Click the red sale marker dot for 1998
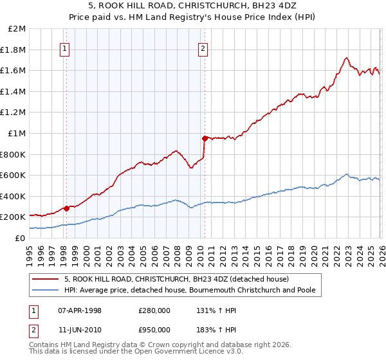[x=66, y=208]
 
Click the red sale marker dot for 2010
[x=205, y=138]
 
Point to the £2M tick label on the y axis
[x=17, y=29]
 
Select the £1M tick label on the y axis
[x=17, y=133]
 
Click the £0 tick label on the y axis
[x=21, y=238]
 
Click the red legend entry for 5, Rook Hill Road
[x=176, y=279]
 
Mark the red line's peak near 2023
[x=347, y=57]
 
